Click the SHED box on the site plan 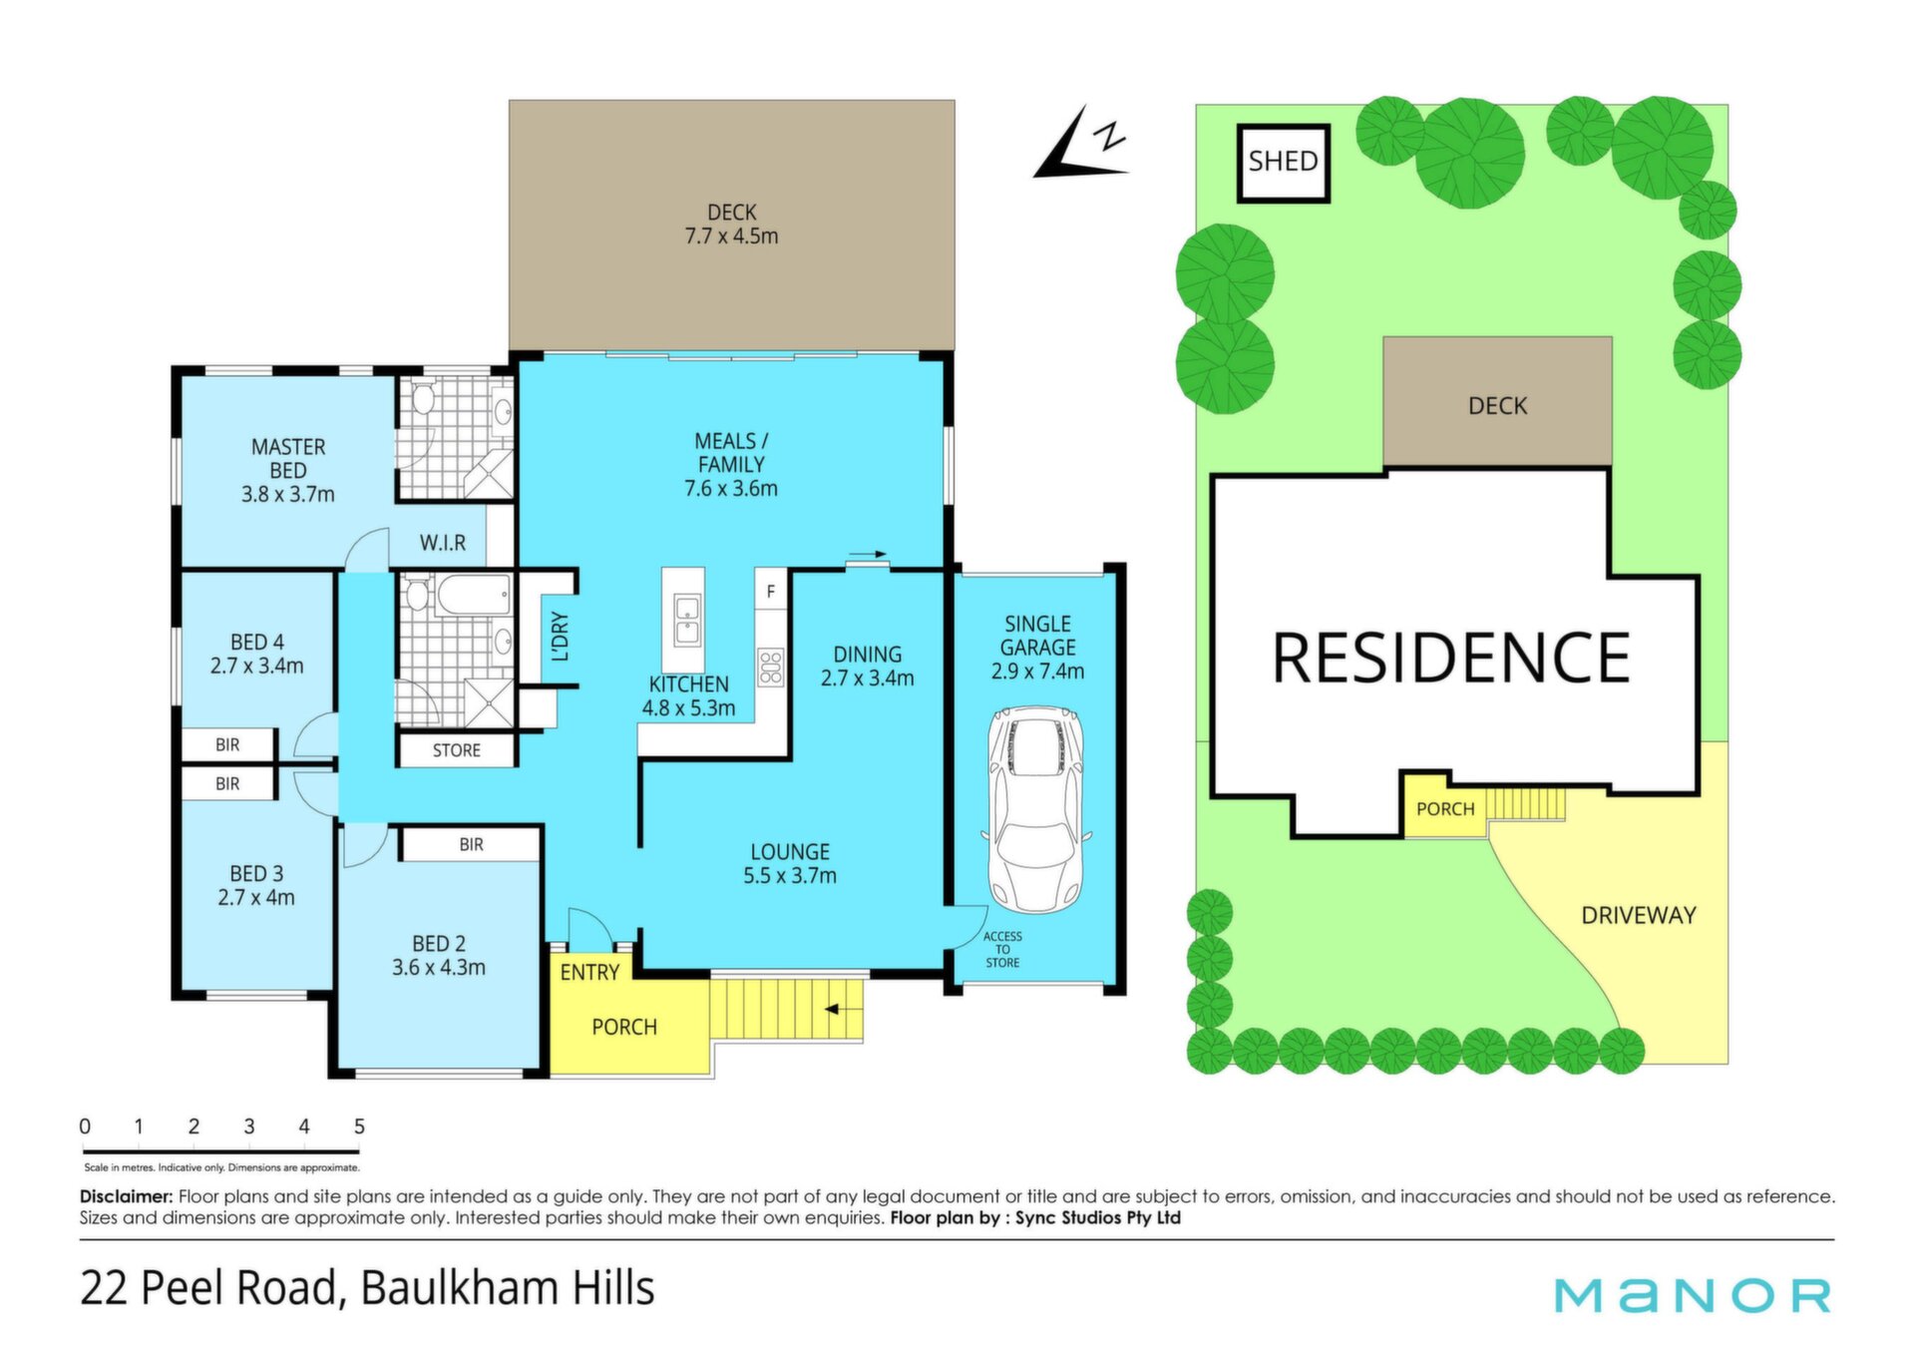click(1283, 163)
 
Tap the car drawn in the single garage click(1036, 810)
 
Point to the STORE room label click(456, 750)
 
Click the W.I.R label click(443, 543)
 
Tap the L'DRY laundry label click(561, 637)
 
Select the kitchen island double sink click(686, 620)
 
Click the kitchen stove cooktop click(771, 667)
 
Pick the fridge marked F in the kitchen click(770, 591)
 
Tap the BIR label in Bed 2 click(471, 845)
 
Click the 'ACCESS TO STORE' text click(1002, 949)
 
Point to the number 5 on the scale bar click(359, 1127)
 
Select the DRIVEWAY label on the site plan click(1639, 915)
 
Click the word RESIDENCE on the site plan click(1451, 658)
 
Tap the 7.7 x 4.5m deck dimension click(731, 236)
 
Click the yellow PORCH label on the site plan click(1445, 809)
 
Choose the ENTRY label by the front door click(589, 973)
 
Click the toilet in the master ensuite click(423, 399)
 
